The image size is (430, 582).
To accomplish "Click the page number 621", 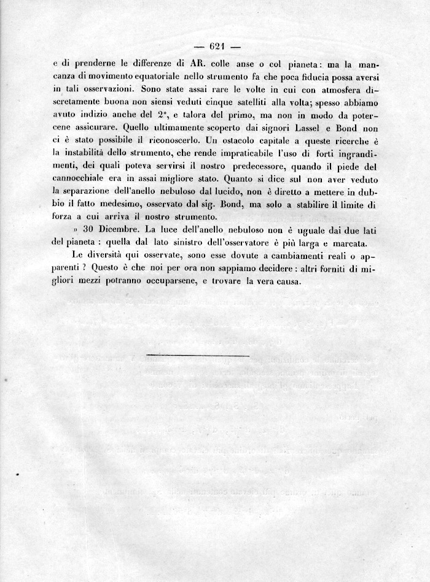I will pos(218,46).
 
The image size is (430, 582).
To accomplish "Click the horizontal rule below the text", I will pos(198,355).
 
